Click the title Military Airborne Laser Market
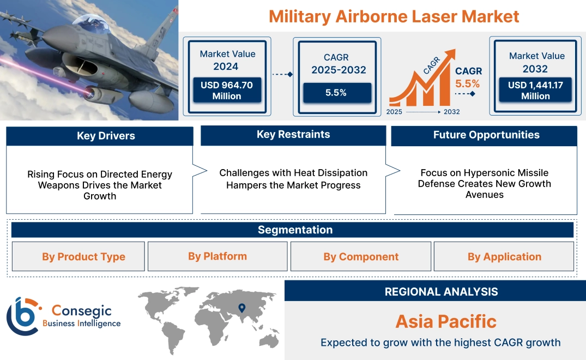pos(394,16)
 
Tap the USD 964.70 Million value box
pos(226,91)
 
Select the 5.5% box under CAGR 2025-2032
pos(336,93)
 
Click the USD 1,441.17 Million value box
pos(535,91)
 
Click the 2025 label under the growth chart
pos(395,112)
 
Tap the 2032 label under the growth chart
pos(451,112)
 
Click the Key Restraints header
pos(293,135)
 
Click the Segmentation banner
pos(295,230)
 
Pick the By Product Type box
pos(83,257)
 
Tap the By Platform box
pos(218,256)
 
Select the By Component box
pos(361,257)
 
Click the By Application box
pos(504,257)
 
